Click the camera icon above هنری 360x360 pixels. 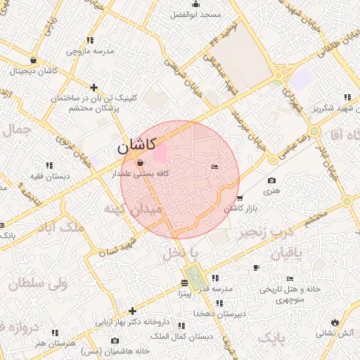271,181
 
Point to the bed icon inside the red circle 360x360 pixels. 215,167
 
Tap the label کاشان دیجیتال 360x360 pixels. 34,71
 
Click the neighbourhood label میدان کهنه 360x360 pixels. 133,209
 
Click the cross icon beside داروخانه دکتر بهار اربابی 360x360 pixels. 132,311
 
